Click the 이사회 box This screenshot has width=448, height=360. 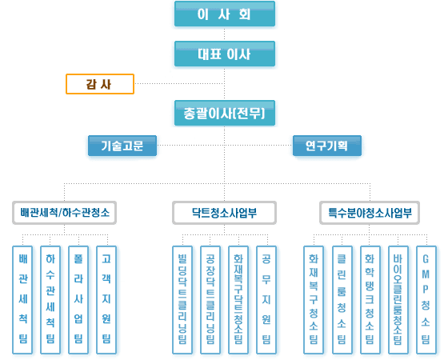(225, 14)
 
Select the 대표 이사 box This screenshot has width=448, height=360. (225, 54)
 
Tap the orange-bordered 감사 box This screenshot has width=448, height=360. (100, 84)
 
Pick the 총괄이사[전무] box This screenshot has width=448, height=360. (225, 113)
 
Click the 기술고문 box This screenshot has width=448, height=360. (122, 146)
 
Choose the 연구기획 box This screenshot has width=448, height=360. (327, 146)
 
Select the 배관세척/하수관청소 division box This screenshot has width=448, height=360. (64, 213)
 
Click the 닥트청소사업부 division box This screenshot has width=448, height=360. (224, 213)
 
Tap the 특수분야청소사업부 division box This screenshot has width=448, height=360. (370, 213)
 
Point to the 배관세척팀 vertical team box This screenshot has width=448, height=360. (22, 300)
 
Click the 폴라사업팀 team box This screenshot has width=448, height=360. (78, 300)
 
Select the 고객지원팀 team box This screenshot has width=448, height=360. (106, 300)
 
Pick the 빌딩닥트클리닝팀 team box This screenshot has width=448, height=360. (182, 300)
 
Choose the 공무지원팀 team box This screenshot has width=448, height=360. (266, 300)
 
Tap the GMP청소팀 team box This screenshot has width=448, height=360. (426, 300)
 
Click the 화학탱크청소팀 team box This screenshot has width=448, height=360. (370, 300)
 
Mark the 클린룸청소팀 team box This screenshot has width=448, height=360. (342, 300)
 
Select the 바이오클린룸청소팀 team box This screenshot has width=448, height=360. (398, 300)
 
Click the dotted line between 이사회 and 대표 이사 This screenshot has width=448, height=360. (224, 34)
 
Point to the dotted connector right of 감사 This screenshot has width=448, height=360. (179, 84)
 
